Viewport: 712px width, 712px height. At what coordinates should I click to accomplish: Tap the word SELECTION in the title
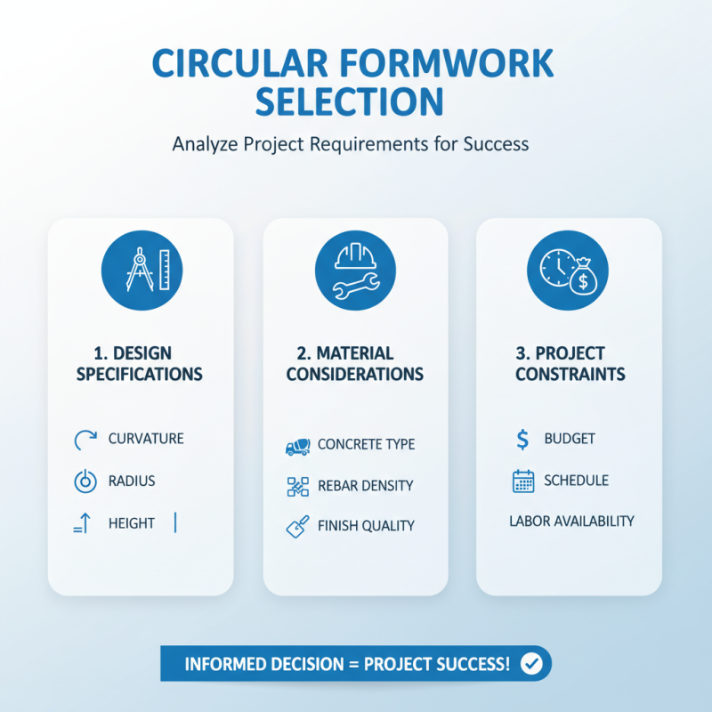click(x=350, y=102)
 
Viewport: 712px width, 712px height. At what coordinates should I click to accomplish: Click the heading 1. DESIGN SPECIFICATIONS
click(x=140, y=363)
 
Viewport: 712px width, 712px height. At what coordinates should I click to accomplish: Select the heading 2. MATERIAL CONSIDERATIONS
click(x=355, y=363)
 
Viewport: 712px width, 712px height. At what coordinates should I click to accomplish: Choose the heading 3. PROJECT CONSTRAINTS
click(x=570, y=363)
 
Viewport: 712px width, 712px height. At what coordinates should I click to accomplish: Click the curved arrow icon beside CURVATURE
click(x=83, y=438)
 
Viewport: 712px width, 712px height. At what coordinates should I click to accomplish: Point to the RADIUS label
click(x=132, y=481)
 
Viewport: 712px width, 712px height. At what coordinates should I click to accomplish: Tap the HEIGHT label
click(x=132, y=523)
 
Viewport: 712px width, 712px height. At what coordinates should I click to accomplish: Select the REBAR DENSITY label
click(x=366, y=486)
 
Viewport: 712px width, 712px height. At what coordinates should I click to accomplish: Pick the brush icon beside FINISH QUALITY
click(x=296, y=526)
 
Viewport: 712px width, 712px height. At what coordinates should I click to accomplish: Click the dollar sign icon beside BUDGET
click(x=522, y=438)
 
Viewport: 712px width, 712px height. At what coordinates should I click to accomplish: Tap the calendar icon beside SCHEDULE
click(x=523, y=481)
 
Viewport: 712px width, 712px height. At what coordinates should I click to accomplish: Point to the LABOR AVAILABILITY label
click(x=571, y=521)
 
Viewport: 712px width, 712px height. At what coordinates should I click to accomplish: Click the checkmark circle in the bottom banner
click(x=532, y=664)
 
